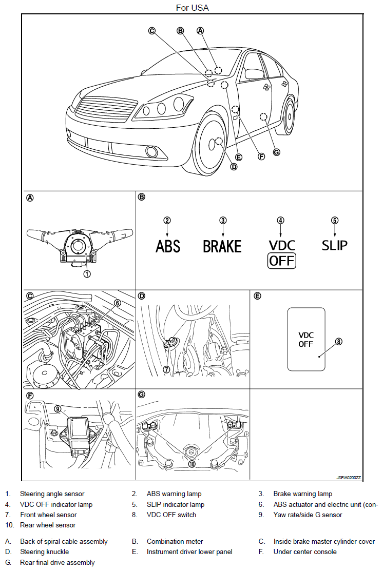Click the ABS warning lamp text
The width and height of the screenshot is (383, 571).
pos(168,246)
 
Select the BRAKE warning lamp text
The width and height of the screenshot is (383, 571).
pos(222,246)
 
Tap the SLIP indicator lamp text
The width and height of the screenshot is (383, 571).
pos(335,245)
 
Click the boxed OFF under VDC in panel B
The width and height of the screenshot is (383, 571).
pos(282,261)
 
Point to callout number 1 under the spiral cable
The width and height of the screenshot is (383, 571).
pos(87,274)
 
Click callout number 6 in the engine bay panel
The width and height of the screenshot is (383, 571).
pos(118,303)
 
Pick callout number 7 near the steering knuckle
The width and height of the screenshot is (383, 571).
pos(166,369)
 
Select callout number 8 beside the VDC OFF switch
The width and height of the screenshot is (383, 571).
pos(338,342)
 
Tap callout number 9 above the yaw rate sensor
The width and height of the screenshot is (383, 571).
pos(58,409)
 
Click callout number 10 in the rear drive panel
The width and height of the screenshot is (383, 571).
pos(191,464)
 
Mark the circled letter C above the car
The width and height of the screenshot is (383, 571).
pos(152,31)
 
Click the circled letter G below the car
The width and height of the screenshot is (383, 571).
pos(277,152)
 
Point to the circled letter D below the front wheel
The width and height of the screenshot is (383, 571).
pos(234,167)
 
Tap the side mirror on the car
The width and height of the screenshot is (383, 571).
pos(254,73)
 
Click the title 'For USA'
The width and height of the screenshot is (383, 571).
pos(192,8)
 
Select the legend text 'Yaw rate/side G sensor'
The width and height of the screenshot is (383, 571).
pos(308,515)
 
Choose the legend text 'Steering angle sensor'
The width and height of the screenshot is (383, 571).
pos(52,494)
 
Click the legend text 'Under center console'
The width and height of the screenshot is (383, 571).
pos(305,552)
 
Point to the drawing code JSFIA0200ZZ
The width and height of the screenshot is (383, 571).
pos(349,478)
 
